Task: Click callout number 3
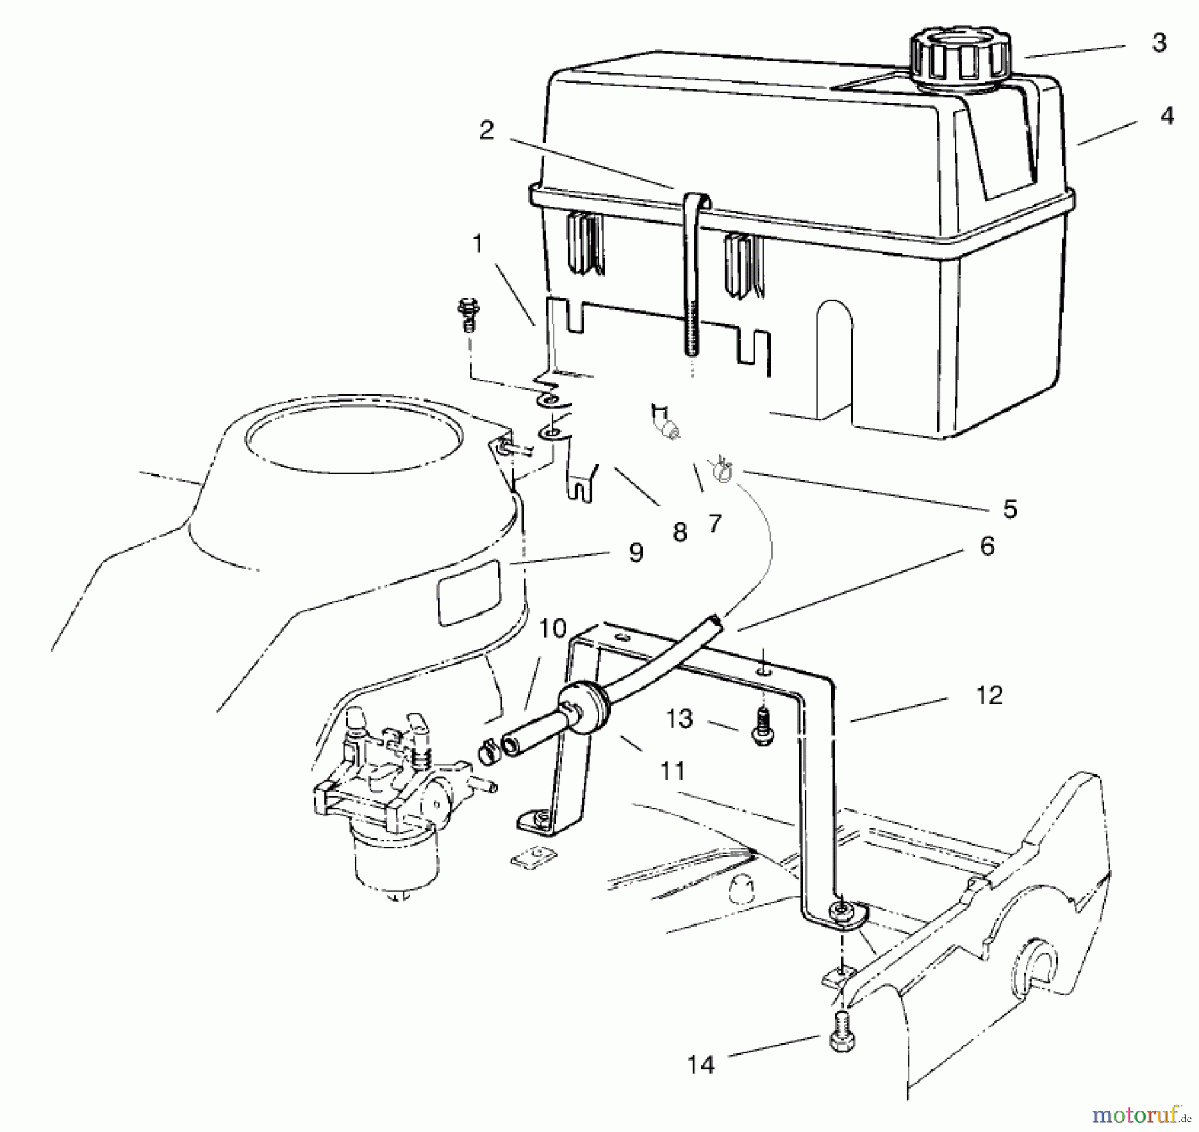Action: click(1159, 43)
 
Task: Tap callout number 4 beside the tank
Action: click(1166, 116)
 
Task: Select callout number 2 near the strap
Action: click(486, 130)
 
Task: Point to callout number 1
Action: click(478, 245)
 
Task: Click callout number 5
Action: click(1010, 509)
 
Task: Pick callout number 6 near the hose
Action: click(987, 546)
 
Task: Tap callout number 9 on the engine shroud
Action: click(636, 552)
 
